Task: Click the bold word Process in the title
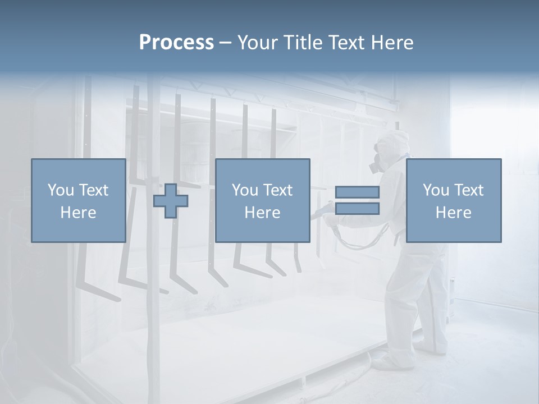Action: tap(176, 43)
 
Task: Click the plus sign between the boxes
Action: tap(171, 201)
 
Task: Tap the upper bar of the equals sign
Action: tap(357, 192)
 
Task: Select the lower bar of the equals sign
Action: tap(357, 209)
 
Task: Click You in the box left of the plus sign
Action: tap(60, 190)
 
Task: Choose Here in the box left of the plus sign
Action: tap(78, 213)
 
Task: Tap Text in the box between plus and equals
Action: tap(277, 190)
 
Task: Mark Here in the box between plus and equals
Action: tap(262, 213)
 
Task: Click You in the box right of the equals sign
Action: tap(435, 190)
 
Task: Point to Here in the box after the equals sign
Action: tap(453, 213)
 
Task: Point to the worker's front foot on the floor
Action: tap(387, 362)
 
